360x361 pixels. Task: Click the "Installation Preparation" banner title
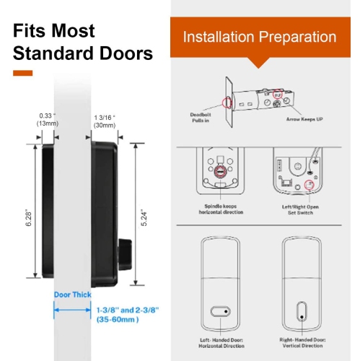(x=259, y=37)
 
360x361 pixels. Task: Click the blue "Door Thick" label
(x=72, y=295)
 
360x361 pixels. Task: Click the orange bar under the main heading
(x=23, y=73)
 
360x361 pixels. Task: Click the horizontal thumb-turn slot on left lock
(x=217, y=312)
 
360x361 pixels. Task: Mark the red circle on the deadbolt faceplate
(x=228, y=100)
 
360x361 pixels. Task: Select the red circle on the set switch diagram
(x=312, y=186)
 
